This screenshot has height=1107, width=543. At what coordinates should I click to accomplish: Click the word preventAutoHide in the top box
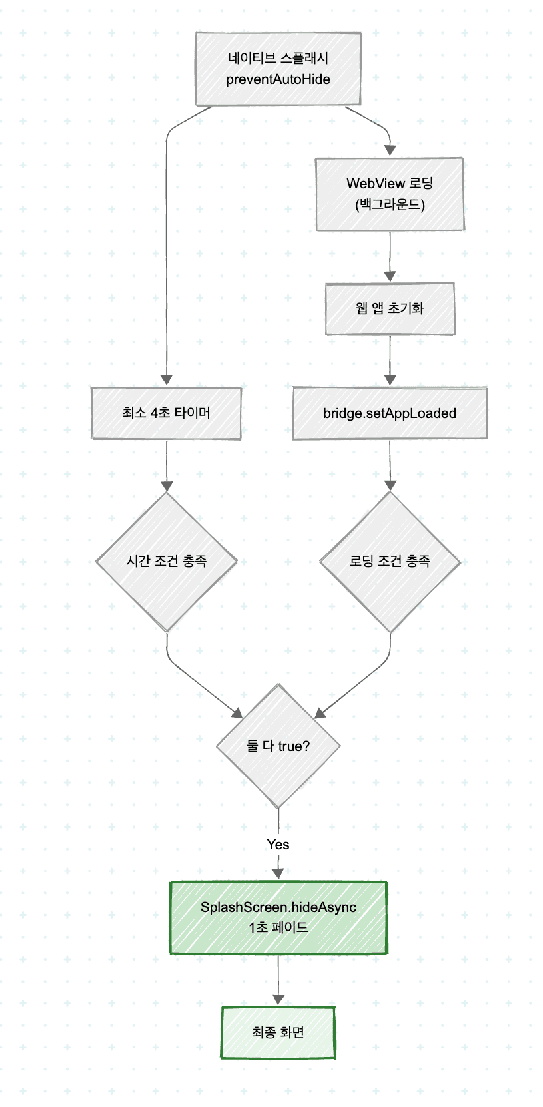(x=278, y=79)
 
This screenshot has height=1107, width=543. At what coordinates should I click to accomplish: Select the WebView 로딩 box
(x=390, y=194)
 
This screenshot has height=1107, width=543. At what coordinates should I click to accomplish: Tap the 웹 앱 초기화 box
(x=390, y=308)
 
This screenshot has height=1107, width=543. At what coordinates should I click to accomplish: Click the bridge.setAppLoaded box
(x=390, y=413)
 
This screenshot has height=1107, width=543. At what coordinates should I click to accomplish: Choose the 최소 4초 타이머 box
(x=166, y=413)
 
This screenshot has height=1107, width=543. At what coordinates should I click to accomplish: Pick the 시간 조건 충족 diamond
(x=166, y=561)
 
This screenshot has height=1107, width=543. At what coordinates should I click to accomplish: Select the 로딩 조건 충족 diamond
(x=390, y=561)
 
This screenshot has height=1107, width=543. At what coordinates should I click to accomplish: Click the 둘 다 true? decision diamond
(x=278, y=746)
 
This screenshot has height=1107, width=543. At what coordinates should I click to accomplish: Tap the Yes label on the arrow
(x=278, y=844)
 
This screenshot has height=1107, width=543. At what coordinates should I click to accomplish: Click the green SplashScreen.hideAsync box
(x=278, y=917)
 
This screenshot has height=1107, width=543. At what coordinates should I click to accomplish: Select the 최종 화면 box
(x=278, y=1032)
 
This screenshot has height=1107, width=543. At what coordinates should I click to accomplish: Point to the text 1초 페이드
(x=278, y=927)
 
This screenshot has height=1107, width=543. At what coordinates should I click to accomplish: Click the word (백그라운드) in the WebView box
(x=390, y=204)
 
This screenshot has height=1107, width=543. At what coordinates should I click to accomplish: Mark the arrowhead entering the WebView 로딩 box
(x=390, y=150)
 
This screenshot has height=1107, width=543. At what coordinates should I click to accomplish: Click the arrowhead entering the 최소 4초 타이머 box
(x=166, y=380)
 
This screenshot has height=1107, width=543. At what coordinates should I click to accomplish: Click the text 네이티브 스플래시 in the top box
(x=278, y=58)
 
